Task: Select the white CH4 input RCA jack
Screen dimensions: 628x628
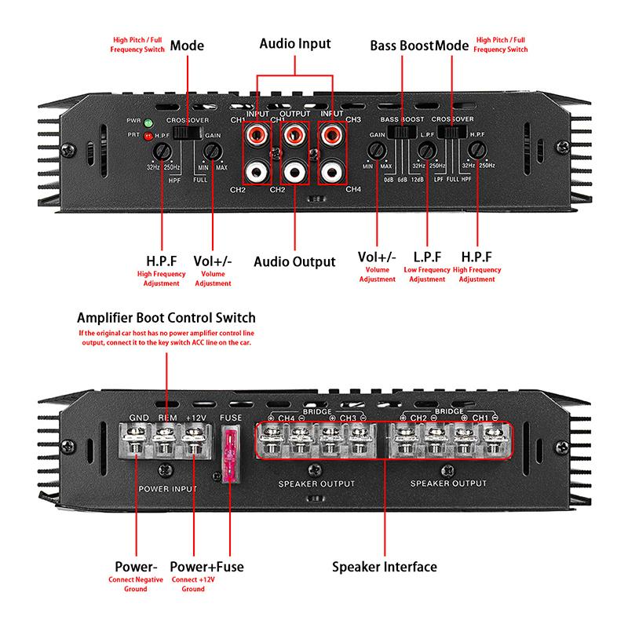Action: pyautogui.click(x=329, y=168)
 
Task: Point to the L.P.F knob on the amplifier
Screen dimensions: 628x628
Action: pyautogui.click(x=428, y=150)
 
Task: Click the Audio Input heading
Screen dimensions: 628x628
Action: pyautogui.click(x=295, y=44)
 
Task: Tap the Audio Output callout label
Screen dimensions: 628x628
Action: pyautogui.click(x=295, y=261)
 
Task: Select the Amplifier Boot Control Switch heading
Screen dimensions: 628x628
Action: pyautogui.click(x=166, y=318)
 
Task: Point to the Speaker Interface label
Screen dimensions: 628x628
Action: pyautogui.click(x=384, y=566)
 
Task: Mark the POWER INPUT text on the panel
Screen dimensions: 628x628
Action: pyautogui.click(x=166, y=488)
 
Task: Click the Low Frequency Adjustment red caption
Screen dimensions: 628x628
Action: pyautogui.click(x=428, y=274)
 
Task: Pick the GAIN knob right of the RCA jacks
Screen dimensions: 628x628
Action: pyautogui.click(x=377, y=151)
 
